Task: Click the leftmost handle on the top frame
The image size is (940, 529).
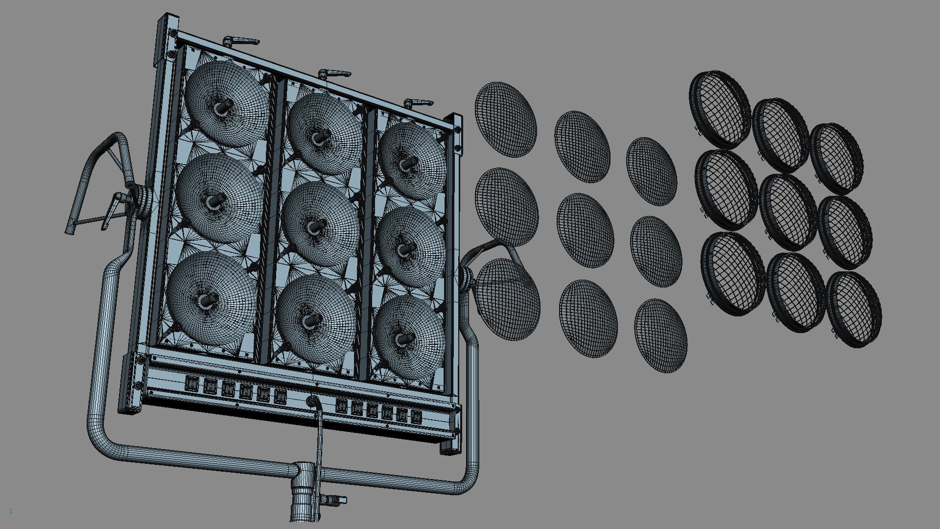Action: [241, 42]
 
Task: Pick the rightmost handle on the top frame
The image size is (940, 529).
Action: [419, 103]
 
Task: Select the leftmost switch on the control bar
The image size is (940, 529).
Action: [191, 383]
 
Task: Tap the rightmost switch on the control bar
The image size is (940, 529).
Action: [416, 417]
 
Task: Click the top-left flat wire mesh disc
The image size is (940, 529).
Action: [505, 120]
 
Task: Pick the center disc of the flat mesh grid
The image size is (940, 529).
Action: [585, 230]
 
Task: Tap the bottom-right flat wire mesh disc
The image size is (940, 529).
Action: [660, 336]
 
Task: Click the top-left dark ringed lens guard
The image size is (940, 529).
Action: [720, 110]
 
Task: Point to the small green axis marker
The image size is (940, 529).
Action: [11, 511]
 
